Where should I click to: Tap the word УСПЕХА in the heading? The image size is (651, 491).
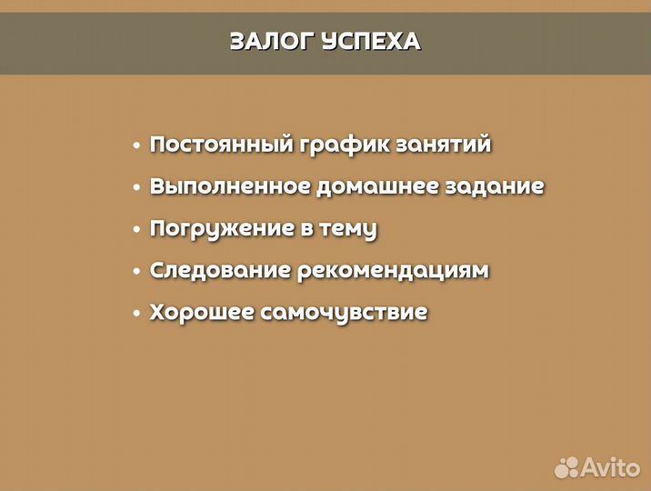[372, 42]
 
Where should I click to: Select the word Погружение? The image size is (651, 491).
[221, 229]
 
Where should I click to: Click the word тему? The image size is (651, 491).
[347, 229]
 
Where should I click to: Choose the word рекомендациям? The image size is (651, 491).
[393, 271]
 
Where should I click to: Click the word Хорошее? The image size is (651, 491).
[201, 313]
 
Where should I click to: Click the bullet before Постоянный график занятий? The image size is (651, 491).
[136, 145]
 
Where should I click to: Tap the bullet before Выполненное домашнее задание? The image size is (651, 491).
[136, 187]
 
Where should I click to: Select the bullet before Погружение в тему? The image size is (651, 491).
[136, 229]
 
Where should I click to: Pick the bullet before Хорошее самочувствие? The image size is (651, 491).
[136, 314]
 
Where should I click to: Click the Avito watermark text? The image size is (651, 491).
[611, 466]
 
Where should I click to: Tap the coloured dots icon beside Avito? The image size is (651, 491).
[566, 466]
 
